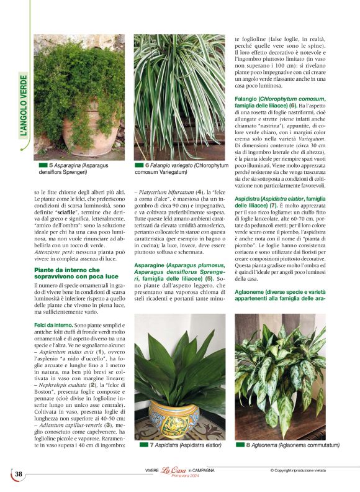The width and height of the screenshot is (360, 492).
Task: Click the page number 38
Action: point(19,475)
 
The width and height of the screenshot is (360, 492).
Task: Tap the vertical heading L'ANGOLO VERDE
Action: point(24,106)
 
